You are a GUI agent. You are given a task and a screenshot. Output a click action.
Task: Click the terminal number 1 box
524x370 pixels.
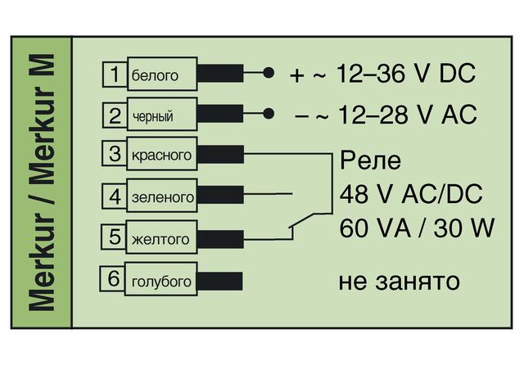[x=115, y=74]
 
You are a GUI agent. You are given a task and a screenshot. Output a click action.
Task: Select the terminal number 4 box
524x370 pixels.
[x=115, y=196]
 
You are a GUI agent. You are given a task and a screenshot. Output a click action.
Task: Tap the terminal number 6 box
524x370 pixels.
[x=113, y=278]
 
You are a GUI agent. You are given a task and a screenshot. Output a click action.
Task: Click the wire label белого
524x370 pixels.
[x=155, y=75]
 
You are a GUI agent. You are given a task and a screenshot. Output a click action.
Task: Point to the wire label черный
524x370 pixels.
[x=153, y=117]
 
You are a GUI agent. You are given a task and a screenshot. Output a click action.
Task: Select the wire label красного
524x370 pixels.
[x=161, y=155]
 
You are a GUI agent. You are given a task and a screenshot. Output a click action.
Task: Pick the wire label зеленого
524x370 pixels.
[x=163, y=197]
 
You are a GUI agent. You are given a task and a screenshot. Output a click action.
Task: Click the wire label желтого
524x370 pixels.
[x=160, y=239]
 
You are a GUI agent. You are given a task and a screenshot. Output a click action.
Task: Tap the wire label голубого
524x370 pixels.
[x=161, y=282]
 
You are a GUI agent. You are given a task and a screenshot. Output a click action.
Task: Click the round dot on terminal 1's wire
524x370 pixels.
[x=269, y=73]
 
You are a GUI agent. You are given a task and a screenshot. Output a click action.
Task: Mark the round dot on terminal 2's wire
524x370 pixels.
[x=269, y=114]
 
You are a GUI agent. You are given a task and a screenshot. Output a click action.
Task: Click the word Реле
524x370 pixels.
[x=370, y=160]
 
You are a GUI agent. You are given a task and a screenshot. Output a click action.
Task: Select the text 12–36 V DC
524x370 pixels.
[x=406, y=73]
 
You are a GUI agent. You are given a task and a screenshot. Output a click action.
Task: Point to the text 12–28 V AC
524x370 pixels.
[x=408, y=115]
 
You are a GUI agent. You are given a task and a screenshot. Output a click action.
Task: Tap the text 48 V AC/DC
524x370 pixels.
[x=411, y=194]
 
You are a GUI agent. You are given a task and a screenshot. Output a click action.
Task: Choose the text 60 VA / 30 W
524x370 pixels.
[x=417, y=228]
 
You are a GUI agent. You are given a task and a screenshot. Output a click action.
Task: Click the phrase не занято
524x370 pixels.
[x=399, y=282]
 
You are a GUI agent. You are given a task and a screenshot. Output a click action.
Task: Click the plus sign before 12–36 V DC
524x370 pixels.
[x=297, y=75]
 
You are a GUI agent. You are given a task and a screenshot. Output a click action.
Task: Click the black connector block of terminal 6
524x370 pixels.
[x=219, y=281]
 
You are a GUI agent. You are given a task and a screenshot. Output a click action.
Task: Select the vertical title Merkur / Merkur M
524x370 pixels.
[x=43, y=183]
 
